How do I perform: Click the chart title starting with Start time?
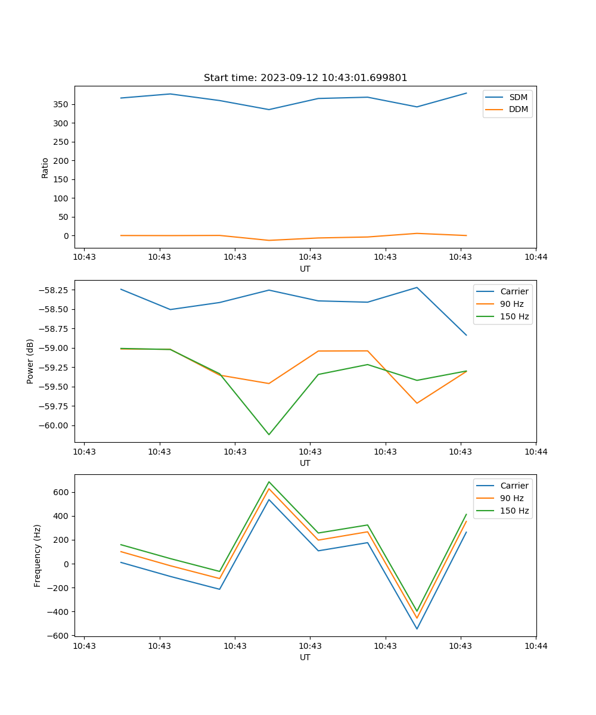click(305, 78)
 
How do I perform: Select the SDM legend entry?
click(518, 97)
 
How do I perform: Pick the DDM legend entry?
click(518, 109)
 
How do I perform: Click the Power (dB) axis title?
click(30, 361)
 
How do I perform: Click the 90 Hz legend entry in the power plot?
click(511, 304)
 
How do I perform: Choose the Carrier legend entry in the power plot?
click(514, 291)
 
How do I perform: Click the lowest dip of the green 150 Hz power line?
click(269, 434)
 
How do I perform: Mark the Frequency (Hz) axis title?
click(38, 555)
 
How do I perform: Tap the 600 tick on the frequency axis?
click(61, 492)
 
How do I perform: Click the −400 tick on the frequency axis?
click(58, 612)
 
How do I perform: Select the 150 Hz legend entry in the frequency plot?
click(514, 511)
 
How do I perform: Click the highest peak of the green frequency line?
click(269, 481)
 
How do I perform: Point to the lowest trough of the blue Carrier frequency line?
click(417, 629)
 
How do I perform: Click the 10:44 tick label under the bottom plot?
click(535, 646)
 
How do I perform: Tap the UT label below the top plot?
click(305, 269)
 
